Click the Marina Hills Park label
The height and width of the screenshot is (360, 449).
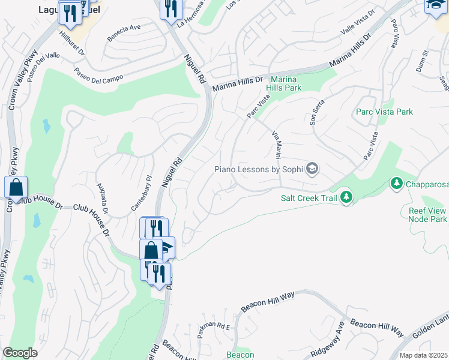click(285, 83)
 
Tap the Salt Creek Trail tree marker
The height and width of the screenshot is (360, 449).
click(346, 196)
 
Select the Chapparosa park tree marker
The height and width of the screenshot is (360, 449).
click(396, 183)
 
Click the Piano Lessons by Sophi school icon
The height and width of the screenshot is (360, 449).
click(312, 169)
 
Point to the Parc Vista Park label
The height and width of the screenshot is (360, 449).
click(384, 112)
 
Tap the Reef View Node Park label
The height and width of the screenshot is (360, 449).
click(428, 215)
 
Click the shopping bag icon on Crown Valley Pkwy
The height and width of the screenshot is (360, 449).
click(16, 187)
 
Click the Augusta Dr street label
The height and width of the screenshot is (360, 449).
click(102, 199)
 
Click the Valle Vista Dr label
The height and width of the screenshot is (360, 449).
click(357, 21)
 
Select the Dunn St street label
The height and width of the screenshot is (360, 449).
click(424, 62)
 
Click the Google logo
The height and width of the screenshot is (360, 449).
click(20, 353)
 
